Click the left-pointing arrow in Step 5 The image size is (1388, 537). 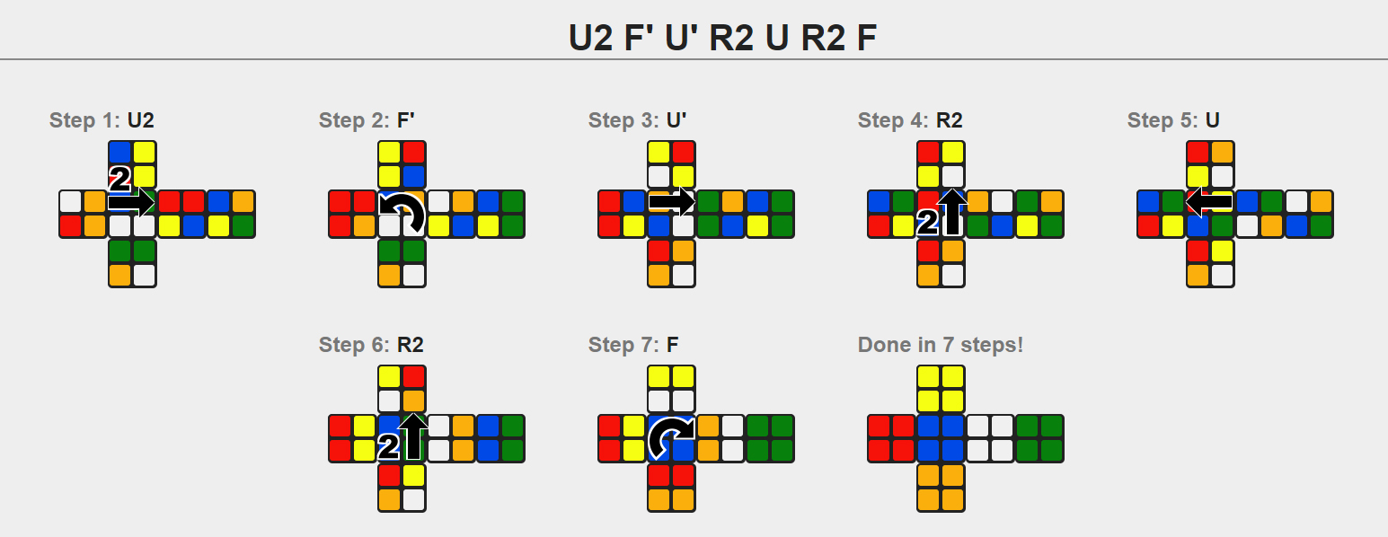(1208, 202)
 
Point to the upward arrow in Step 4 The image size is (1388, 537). (953, 212)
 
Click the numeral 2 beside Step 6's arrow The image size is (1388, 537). (388, 446)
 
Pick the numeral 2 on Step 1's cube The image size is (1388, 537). (119, 179)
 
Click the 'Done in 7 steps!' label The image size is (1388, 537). (940, 344)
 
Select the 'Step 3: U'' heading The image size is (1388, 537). (637, 119)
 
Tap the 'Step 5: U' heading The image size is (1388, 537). (1173, 119)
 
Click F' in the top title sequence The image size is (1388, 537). (639, 37)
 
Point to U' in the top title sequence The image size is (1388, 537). (681, 37)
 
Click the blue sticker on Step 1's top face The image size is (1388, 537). (120, 153)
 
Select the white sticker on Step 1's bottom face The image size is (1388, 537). (145, 275)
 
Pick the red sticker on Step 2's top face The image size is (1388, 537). (414, 153)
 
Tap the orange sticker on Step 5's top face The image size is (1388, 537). (1223, 153)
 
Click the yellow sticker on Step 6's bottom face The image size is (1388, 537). (414, 476)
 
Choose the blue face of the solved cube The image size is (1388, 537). (941, 438)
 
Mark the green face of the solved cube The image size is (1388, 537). (1039, 438)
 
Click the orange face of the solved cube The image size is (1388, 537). (941, 489)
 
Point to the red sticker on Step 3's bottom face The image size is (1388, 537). (659, 251)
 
